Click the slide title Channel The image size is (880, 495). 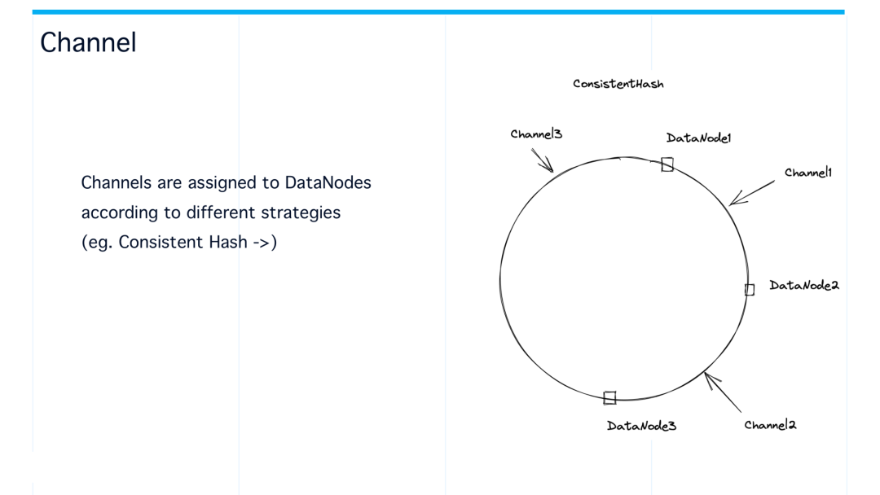(88, 43)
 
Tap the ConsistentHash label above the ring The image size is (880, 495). (618, 84)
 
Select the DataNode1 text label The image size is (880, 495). (698, 138)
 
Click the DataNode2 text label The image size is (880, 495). (803, 285)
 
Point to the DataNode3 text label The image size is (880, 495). (641, 426)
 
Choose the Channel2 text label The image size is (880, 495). (770, 425)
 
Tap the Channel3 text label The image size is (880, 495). (535, 134)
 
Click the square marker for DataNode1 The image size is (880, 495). (667, 164)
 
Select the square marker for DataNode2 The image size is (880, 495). (750, 289)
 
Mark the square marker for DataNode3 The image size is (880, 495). (609, 397)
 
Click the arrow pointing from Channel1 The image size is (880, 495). (751, 193)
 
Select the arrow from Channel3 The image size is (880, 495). (542, 160)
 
